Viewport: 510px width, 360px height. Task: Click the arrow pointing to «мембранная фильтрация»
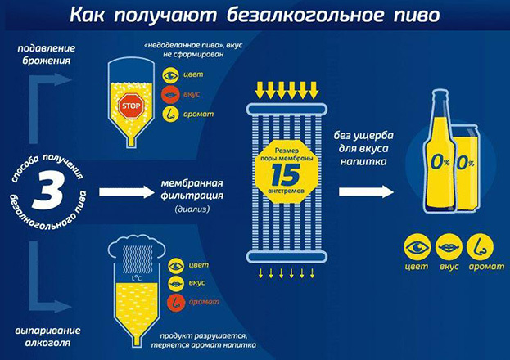[124, 192]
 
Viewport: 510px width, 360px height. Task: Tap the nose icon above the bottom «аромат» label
[479, 245]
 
